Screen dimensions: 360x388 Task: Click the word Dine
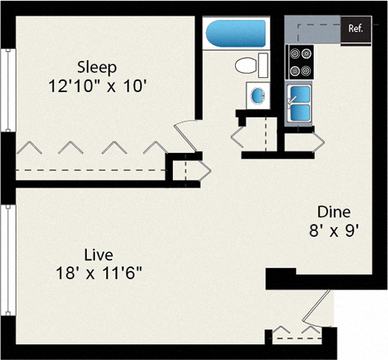click(333, 211)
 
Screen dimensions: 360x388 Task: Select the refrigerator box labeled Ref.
click(356, 29)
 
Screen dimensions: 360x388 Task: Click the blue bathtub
click(235, 34)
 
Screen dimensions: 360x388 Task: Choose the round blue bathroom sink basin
click(257, 96)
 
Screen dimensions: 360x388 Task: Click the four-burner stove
click(300, 61)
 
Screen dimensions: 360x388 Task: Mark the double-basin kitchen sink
click(300, 103)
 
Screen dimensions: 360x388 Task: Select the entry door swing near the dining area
click(321, 306)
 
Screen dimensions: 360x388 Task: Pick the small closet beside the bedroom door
click(184, 169)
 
